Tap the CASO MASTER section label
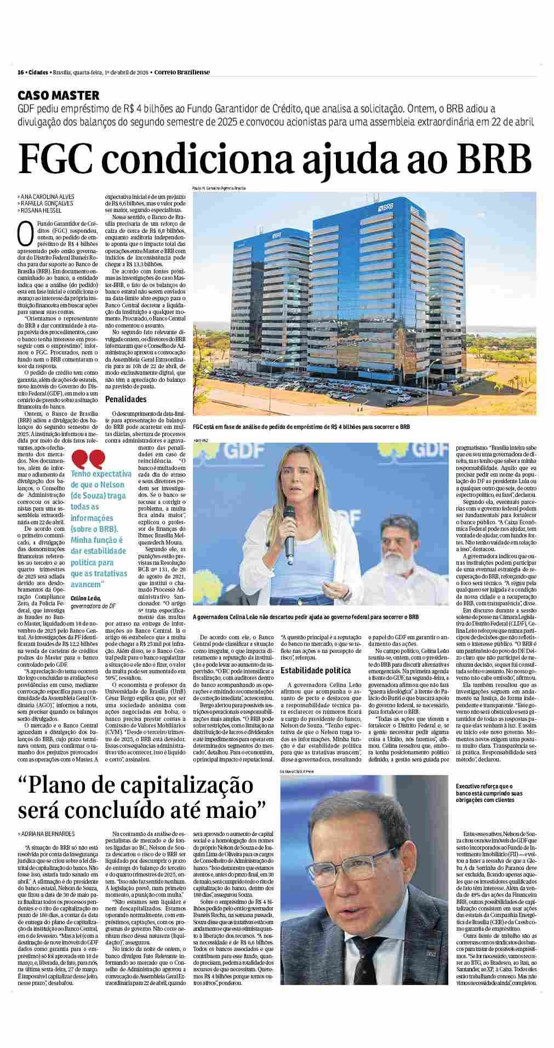[x=58, y=95]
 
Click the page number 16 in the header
[x=20, y=72]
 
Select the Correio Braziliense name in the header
[x=182, y=72]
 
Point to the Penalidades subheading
[x=126, y=399]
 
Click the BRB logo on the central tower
[x=388, y=208]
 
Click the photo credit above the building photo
[x=219, y=188]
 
